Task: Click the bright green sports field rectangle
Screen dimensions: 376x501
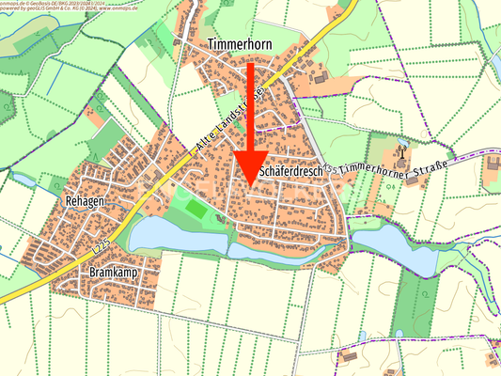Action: coord(196,208)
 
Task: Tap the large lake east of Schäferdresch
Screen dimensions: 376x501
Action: coord(395,246)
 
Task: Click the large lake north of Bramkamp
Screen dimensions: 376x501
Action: coord(179,236)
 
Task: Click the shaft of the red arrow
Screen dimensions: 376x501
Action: coord(250,103)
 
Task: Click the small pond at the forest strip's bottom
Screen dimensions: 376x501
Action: coord(400,333)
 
